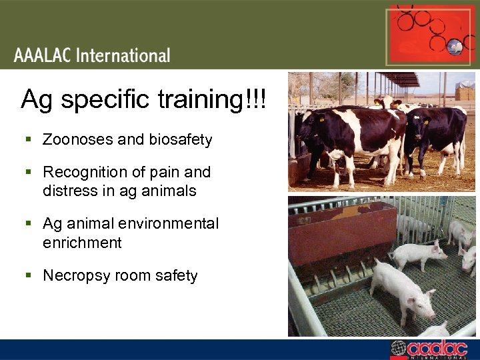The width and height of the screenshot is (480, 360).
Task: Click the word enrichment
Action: pos(82,243)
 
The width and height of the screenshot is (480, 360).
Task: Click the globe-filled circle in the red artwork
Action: pos(455,46)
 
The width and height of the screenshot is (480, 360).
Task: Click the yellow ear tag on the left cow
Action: pos(321,121)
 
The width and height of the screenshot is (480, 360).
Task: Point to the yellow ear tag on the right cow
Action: pos(426,122)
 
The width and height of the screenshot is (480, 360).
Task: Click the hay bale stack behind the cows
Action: pos(465,93)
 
